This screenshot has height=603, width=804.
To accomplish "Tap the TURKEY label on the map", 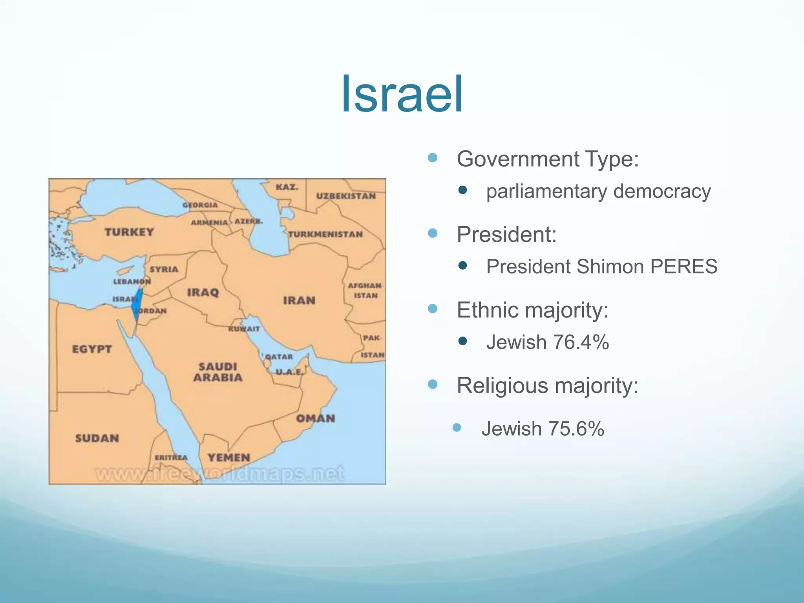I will [129, 232].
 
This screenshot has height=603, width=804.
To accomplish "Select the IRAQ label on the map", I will [203, 292].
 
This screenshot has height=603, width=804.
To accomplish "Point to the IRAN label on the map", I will [299, 300].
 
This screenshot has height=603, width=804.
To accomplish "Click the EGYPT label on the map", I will [92, 349].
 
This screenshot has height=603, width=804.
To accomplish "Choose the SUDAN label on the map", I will [97, 438].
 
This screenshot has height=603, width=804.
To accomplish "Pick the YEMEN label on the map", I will [229, 457].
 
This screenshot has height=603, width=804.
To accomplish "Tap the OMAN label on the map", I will [316, 418].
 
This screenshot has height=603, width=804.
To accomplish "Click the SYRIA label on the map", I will [164, 269].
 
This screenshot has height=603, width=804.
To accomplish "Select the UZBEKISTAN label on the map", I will [346, 196].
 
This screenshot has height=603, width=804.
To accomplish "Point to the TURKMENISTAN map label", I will [325, 234].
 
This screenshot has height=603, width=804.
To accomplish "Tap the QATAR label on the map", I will [279, 357].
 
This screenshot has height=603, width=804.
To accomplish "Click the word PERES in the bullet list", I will [683, 267].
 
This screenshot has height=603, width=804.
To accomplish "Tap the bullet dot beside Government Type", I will [433, 158].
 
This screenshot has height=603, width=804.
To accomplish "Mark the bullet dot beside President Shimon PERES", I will [463, 266].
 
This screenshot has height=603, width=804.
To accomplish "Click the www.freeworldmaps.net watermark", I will [220, 474].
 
